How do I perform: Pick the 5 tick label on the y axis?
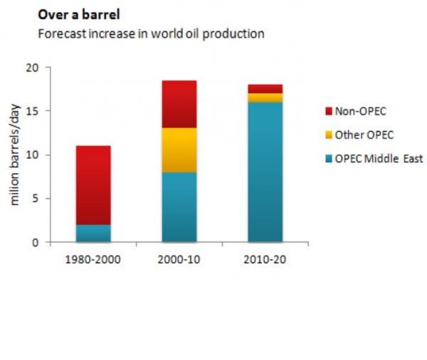[33, 198]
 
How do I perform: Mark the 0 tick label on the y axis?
[33, 243]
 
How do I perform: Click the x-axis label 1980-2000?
[93, 260]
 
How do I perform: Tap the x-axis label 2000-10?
[179, 260]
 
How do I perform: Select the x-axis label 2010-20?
[265, 260]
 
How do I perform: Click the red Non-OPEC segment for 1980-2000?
[93, 185]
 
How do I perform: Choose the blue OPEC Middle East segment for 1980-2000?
[93, 233]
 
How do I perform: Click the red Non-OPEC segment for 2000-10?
[179, 104]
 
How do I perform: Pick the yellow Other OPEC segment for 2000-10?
[179, 149]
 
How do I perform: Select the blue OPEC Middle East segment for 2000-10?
[179, 207]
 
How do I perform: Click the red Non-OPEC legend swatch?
[328, 111]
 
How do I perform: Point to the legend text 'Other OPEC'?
[364, 134]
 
